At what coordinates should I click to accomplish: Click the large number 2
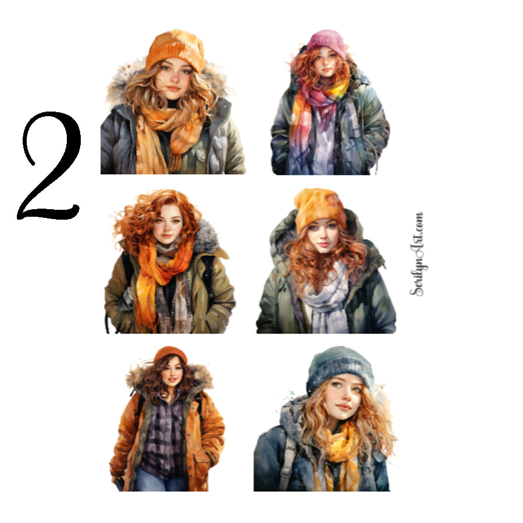(x=49, y=169)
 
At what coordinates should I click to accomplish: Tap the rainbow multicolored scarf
(x=323, y=116)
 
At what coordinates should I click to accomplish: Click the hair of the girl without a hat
(x=139, y=215)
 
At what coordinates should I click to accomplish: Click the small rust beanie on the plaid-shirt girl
(x=170, y=354)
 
